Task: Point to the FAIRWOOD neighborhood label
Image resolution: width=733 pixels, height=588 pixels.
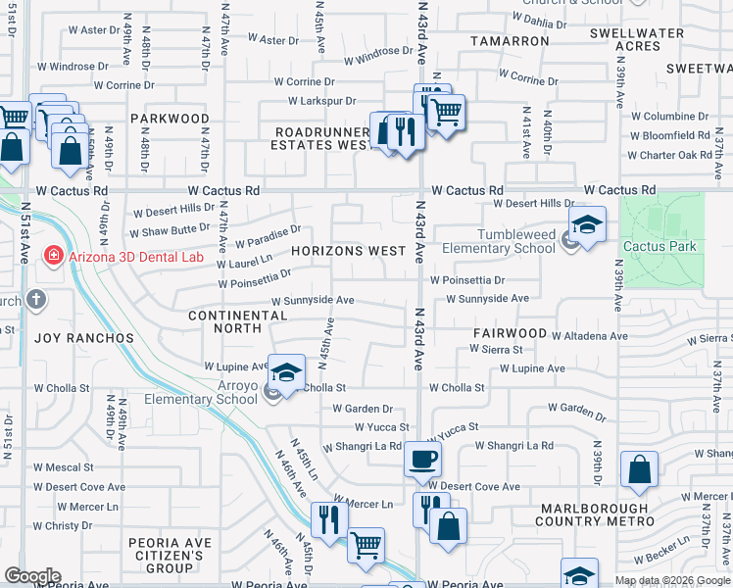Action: [509, 333]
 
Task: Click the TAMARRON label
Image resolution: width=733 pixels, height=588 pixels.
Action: [510, 41]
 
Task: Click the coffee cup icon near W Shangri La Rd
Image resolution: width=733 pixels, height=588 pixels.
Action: [422, 459]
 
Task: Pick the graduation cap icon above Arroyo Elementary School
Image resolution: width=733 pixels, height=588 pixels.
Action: [285, 371]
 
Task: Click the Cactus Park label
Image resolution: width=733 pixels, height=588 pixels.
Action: [660, 247]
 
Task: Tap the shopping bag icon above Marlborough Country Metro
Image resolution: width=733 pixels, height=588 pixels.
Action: [639, 470]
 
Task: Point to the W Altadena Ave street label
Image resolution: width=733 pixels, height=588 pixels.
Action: [589, 336]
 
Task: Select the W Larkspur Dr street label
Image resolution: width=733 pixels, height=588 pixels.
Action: [321, 101]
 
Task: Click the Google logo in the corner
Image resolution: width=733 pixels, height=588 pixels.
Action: [32, 575]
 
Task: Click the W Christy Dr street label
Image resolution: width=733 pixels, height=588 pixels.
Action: [62, 526]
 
